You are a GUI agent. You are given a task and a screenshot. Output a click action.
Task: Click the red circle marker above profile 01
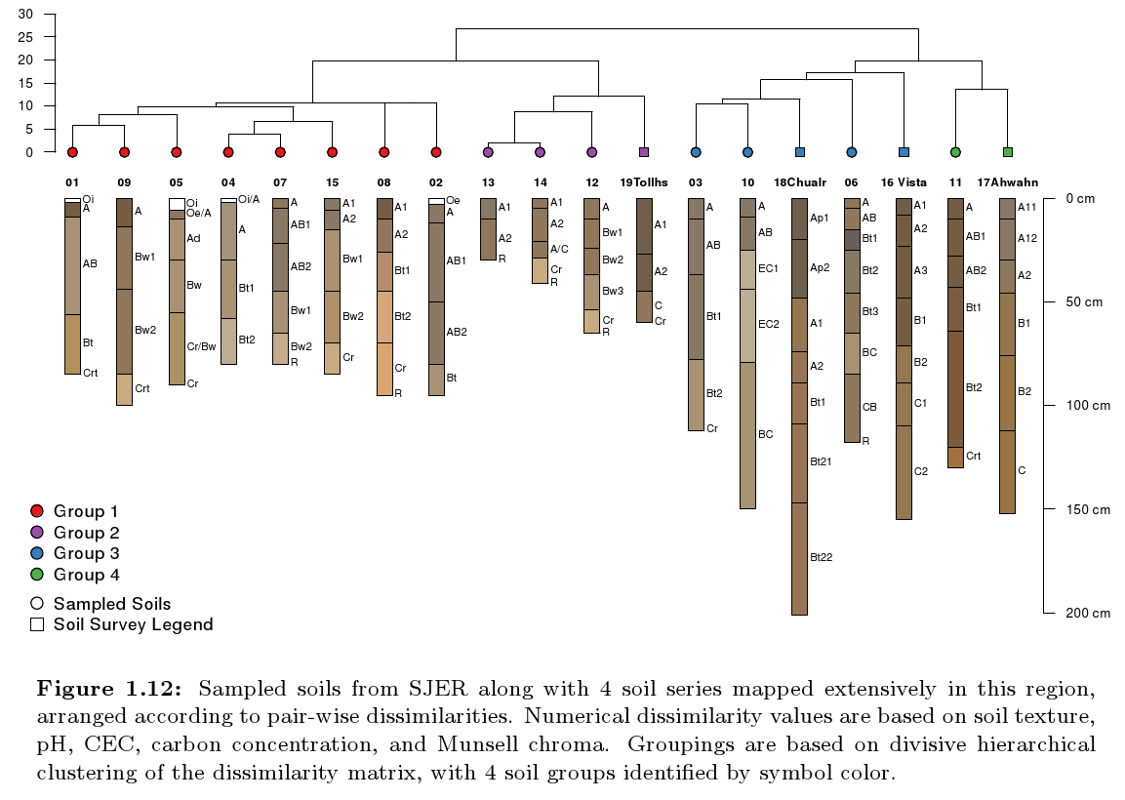72,152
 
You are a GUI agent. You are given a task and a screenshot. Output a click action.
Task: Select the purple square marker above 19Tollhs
644,152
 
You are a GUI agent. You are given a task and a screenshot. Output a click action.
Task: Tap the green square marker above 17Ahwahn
1008,152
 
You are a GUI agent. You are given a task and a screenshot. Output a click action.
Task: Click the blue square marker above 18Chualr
800,152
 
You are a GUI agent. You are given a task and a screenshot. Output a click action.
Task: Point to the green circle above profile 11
955,152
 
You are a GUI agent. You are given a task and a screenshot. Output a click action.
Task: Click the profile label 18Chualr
800,182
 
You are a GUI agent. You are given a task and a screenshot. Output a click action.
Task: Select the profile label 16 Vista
904,182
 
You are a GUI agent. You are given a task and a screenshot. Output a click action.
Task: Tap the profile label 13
488,182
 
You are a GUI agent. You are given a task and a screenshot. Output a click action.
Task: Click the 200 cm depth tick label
1087,614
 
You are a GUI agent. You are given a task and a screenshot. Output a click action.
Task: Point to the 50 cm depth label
1083,302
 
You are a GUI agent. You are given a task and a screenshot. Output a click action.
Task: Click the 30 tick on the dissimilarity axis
25,15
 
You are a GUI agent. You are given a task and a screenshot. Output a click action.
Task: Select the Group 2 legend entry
86,533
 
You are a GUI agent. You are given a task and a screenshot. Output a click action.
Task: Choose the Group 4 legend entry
86,575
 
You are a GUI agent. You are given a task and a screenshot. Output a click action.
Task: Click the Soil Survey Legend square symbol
38,624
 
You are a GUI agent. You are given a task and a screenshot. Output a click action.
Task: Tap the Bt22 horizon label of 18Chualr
821,557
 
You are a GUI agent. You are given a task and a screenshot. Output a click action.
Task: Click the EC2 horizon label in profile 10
770,323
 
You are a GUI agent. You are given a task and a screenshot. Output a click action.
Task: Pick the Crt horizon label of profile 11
974,456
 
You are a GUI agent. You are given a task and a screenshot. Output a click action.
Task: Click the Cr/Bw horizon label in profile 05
202,346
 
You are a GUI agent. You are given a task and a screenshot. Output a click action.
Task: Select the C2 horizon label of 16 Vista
921,471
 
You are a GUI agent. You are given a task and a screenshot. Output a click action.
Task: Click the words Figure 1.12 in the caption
108,690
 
